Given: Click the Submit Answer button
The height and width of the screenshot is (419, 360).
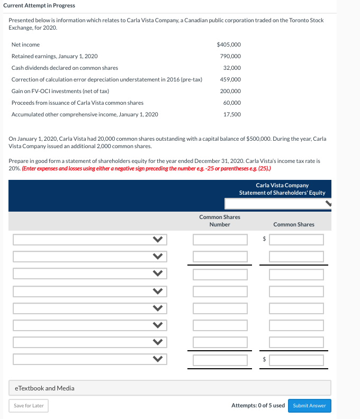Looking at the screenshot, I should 309,406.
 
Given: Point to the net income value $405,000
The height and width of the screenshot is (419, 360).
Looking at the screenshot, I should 229,44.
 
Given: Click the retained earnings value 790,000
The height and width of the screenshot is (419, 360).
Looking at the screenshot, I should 230,56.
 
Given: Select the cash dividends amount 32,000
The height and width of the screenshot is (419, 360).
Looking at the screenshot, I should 232,68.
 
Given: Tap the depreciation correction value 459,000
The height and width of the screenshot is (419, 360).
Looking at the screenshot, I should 230,79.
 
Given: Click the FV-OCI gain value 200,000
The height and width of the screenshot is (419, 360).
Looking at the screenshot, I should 230,91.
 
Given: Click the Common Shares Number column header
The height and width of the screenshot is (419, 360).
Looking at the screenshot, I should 219,221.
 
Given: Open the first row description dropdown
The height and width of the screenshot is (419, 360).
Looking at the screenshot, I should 89,240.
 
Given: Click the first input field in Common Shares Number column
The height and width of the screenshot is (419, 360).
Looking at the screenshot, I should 220,240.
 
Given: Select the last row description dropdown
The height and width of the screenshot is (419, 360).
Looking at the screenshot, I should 89,360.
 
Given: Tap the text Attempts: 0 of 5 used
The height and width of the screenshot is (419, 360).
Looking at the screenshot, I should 258,406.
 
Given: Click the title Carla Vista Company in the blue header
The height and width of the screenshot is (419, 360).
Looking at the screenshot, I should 282,186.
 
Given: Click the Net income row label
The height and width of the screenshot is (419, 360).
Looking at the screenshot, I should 25,44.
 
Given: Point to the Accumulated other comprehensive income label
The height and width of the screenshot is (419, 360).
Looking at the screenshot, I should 85,114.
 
